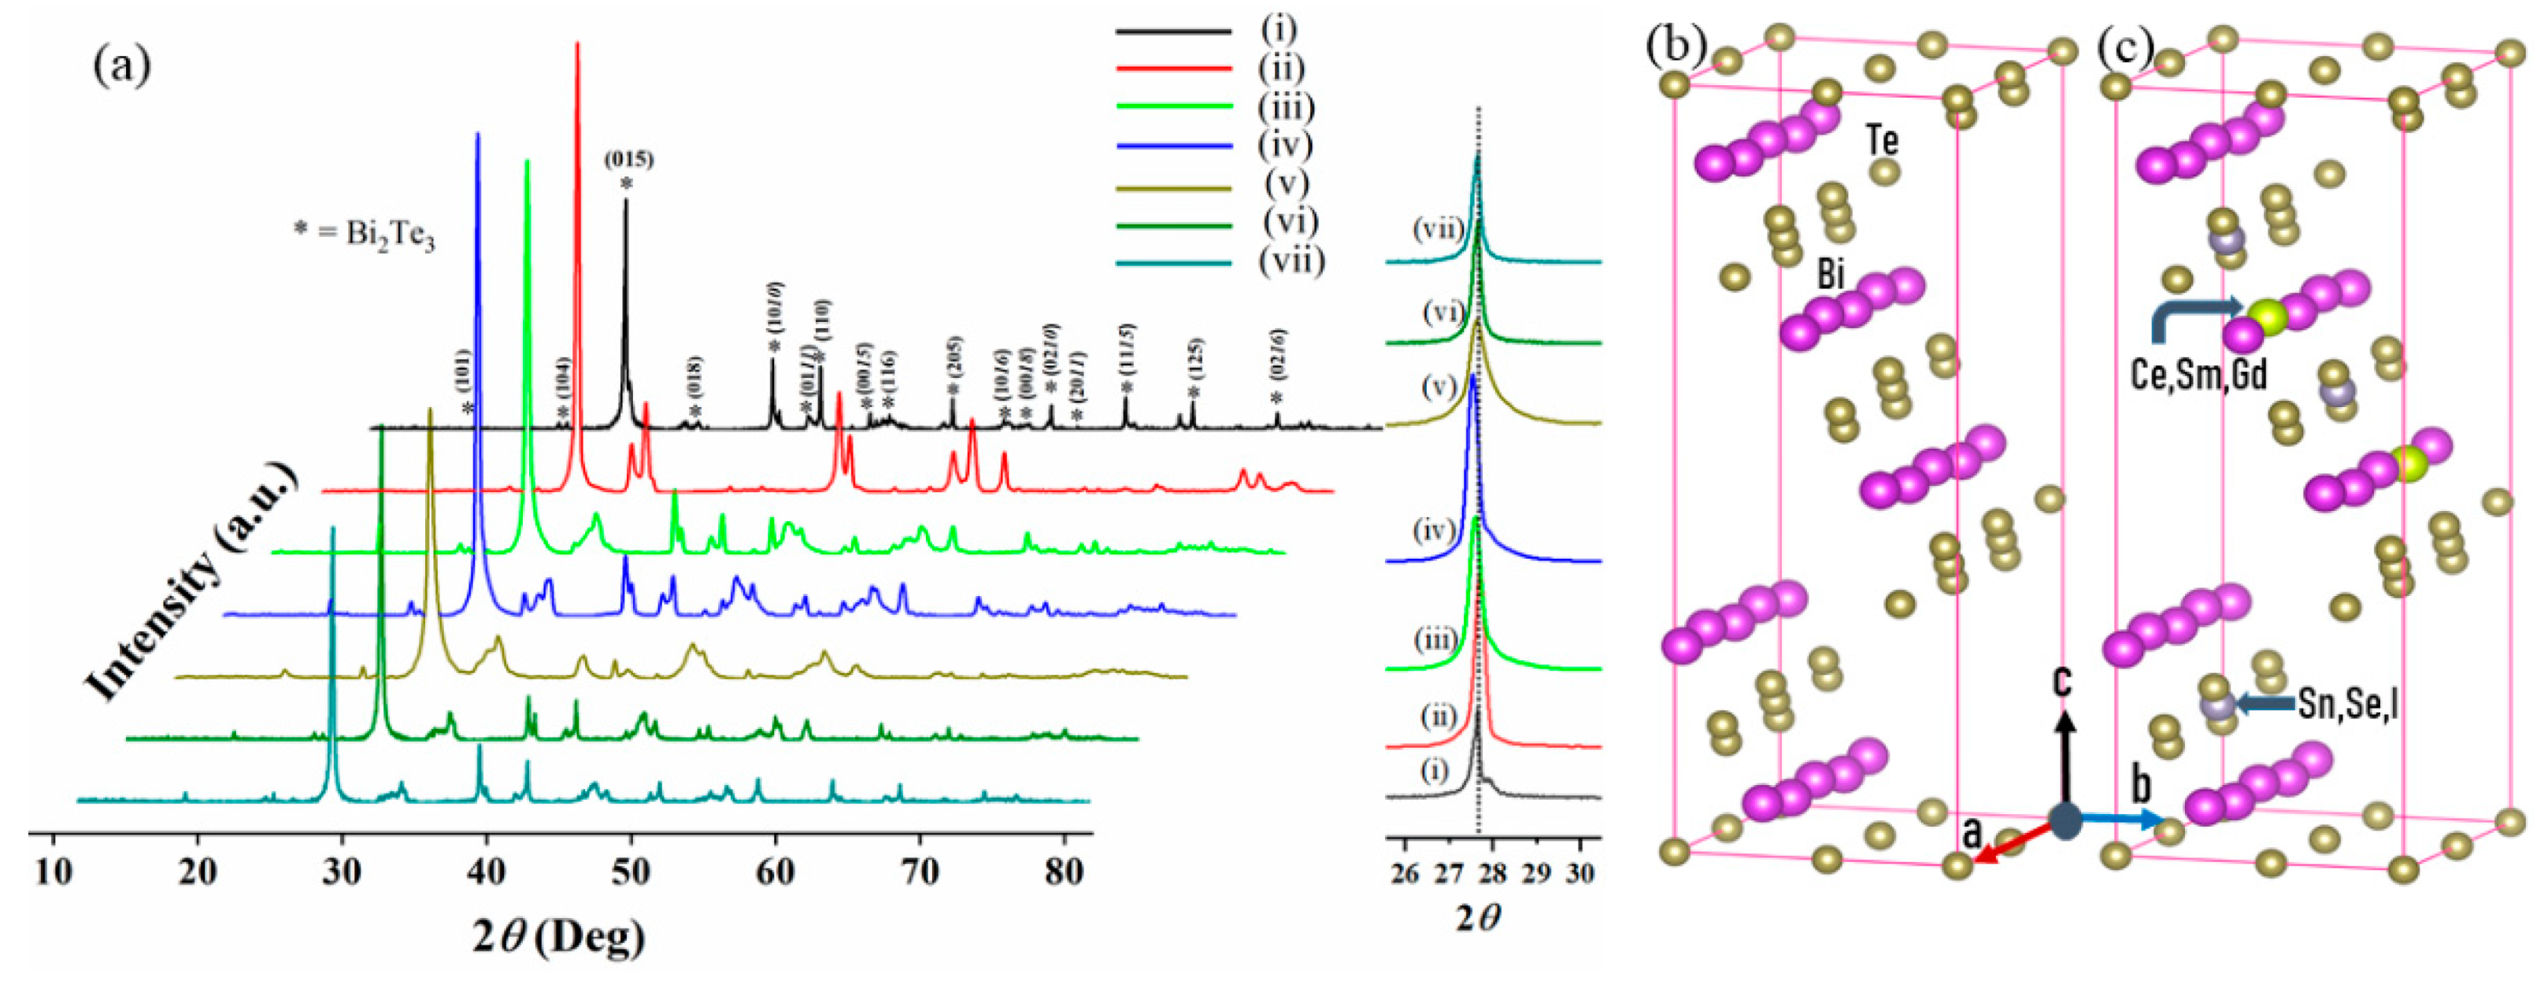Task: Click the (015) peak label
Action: pos(629,158)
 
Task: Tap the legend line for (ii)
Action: pos(1173,69)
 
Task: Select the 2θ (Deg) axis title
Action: pos(559,935)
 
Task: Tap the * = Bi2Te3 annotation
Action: pos(365,236)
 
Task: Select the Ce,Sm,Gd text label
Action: pos(2198,376)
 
